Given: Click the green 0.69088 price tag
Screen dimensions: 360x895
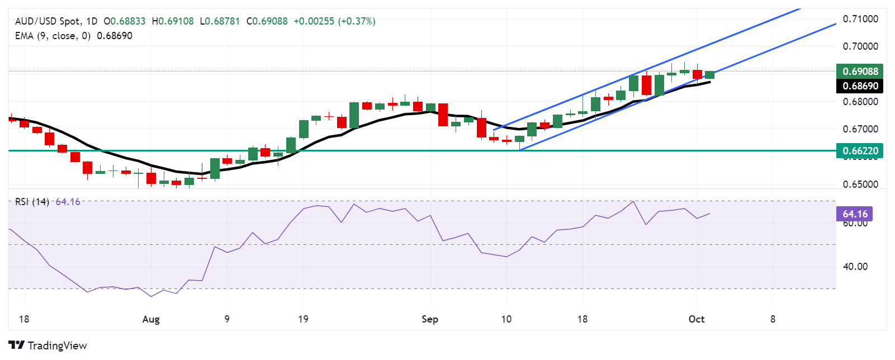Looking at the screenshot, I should point(860,71).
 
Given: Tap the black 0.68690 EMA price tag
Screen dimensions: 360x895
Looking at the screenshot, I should point(860,86).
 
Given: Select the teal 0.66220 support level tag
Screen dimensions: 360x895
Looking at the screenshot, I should point(860,150).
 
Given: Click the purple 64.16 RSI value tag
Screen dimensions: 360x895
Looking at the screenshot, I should point(854,214).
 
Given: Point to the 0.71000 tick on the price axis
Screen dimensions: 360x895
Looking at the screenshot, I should point(860,19).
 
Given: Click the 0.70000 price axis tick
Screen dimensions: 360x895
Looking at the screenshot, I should point(860,46).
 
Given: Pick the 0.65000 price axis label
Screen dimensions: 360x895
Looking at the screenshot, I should point(860,184).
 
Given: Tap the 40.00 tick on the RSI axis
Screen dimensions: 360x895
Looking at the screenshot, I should point(855,267).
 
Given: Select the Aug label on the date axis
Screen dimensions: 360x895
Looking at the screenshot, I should point(151,319).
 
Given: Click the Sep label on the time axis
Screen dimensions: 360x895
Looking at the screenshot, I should point(429,319).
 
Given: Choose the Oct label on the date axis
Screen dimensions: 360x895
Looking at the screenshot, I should point(697,319).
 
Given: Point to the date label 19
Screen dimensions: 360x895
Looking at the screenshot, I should point(303,319).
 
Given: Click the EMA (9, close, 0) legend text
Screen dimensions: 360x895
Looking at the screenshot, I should point(53,36).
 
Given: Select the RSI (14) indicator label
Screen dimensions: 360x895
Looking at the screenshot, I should point(32,202).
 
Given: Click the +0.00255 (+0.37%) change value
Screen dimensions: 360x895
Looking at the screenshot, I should point(334,21).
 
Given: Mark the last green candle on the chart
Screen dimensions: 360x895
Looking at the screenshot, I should point(709,75).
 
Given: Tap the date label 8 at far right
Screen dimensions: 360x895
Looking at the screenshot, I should point(773,319).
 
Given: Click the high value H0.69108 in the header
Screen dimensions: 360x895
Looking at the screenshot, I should point(173,21).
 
